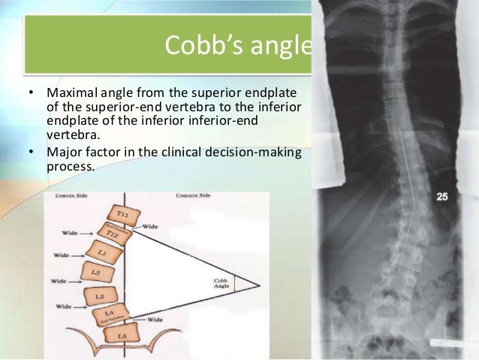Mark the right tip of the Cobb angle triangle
coord(259,286)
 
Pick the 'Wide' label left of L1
coord(62,256)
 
